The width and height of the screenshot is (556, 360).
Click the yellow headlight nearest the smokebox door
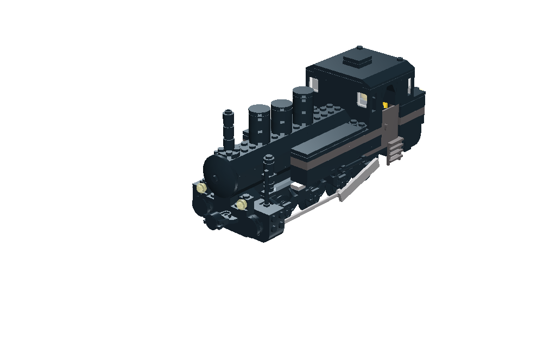pyautogui.click(x=202, y=188)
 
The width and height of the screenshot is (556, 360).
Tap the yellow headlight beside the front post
pyautogui.click(x=241, y=204)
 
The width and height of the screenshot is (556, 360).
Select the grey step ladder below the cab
pyautogui.click(x=395, y=150)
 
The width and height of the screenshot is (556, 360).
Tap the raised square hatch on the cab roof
pyautogui.click(x=358, y=58)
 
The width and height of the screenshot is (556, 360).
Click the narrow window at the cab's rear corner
pyautogui.click(x=408, y=84)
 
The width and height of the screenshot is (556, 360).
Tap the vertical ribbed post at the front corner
pyautogui.click(x=268, y=179)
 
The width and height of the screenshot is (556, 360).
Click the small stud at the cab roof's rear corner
pyautogui.click(x=399, y=59)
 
